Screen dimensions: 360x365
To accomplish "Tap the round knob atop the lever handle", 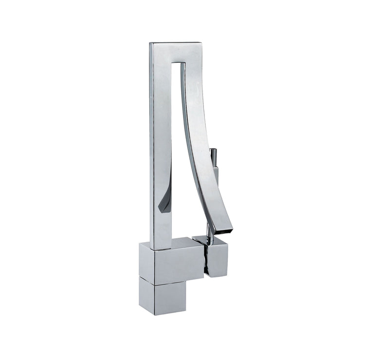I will (213, 153).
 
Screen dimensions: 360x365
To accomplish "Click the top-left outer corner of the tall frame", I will (150, 43).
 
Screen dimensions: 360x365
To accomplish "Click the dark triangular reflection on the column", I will (165, 202).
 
